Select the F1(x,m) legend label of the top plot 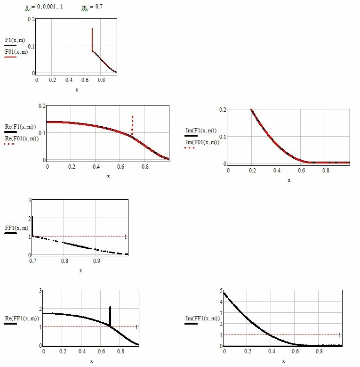[x=15, y=40]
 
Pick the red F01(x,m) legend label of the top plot [x=16, y=52]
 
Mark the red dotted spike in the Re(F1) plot [x=133, y=125]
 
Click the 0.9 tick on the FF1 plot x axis [x=97, y=261]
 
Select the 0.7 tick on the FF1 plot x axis [x=32, y=261]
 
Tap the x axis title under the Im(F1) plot [x=289, y=180]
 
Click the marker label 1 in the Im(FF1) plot [x=339, y=335]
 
